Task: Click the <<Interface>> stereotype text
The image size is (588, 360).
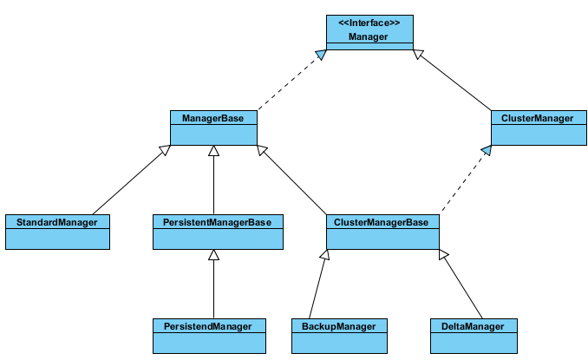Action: [369, 23]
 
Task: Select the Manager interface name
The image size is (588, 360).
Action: [369, 36]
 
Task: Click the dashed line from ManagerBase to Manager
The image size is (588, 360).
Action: [290, 82]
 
